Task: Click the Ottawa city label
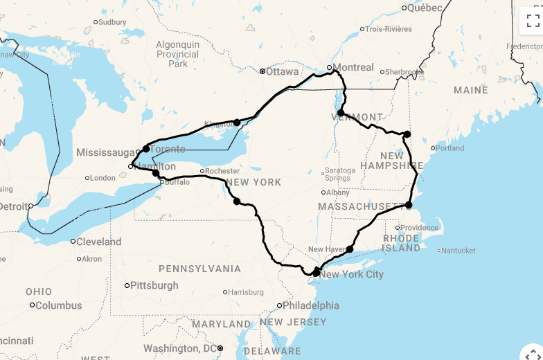click(283, 71)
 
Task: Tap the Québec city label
click(425, 8)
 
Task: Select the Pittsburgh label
click(155, 285)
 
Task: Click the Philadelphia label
click(311, 305)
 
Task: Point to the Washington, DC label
click(181, 348)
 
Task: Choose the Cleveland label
click(99, 242)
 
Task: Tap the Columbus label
click(59, 305)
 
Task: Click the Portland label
click(450, 148)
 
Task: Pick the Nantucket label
click(458, 251)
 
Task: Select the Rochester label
click(223, 171)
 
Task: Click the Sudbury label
click(112, 22)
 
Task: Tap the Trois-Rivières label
click(389, 29)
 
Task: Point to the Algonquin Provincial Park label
click(178, 54)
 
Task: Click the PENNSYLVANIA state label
click(200, 269)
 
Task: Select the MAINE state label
click(471, 90)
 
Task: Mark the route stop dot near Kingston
click(237, 123)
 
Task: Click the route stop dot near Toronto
click(146, 149)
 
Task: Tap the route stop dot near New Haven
click(350, 249)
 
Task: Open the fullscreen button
click(532, 20)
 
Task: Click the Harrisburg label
click(246, 292)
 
